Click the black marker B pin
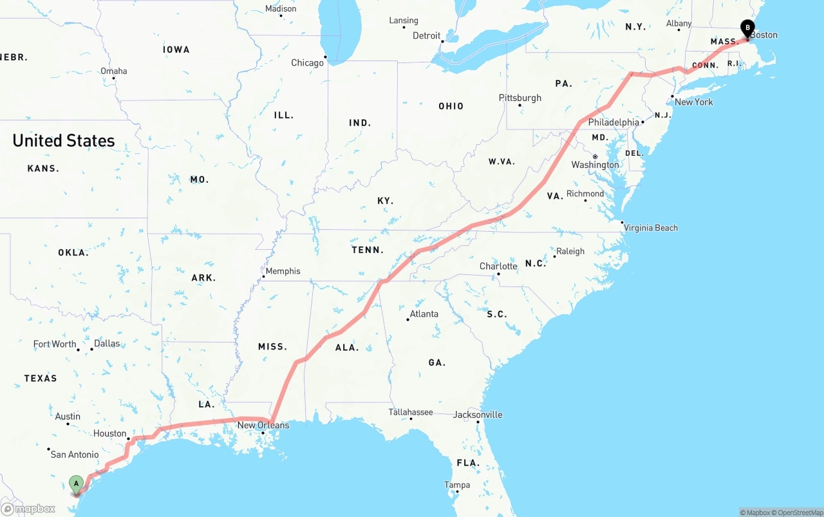[747, 27]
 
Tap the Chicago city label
[307, 63]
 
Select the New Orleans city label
[263, 425]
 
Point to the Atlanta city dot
[408, 319]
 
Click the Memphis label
[283, 271]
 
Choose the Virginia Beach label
[650, 228]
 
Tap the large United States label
[64, 140]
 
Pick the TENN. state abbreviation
[368, 250]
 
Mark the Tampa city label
[457, 485]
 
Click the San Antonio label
[75, 455]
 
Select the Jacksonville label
[478, 415]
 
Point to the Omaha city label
[113, 71]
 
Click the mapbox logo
[28, 509]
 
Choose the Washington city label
[595, 165]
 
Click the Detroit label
[426, 35]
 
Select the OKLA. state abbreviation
[73, 252]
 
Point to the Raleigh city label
[570, 251]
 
